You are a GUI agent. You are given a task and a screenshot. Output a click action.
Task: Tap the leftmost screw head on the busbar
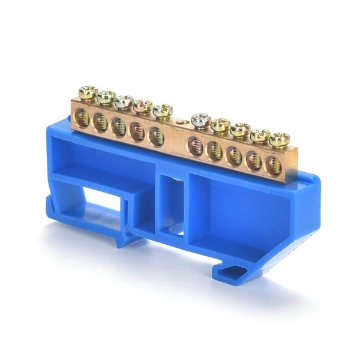pos(88,92)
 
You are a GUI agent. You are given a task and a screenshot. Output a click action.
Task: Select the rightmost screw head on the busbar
pos(279,140)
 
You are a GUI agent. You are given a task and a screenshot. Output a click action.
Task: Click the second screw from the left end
pos(106,97)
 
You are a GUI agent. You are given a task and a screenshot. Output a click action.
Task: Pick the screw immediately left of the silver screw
pos(162,110)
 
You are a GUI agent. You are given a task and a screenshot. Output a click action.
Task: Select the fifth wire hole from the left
pos(156,137)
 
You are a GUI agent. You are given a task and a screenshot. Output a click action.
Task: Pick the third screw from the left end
pos(124,101)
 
